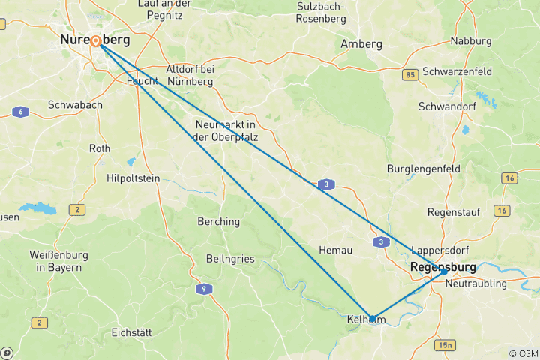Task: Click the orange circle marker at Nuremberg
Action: tap(96, 41)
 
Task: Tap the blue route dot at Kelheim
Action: tap(372, 319)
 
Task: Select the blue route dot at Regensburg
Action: tap(443, 272)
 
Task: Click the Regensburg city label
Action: tap(442, 267)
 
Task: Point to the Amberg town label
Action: tap(361, 44)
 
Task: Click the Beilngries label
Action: tap(230, 259)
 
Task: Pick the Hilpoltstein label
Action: tap(135, 178)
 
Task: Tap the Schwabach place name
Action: tap(75, 105)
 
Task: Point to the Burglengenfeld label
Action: tap(424, 169)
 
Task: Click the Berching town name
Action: tap(218, 221)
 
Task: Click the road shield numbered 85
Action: tap(410, 75)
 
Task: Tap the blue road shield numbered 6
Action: tap(20, 112)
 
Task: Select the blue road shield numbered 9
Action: tap(202, 288)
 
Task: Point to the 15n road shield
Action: tap(445, 344)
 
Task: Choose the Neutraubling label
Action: tap(476, 283)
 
